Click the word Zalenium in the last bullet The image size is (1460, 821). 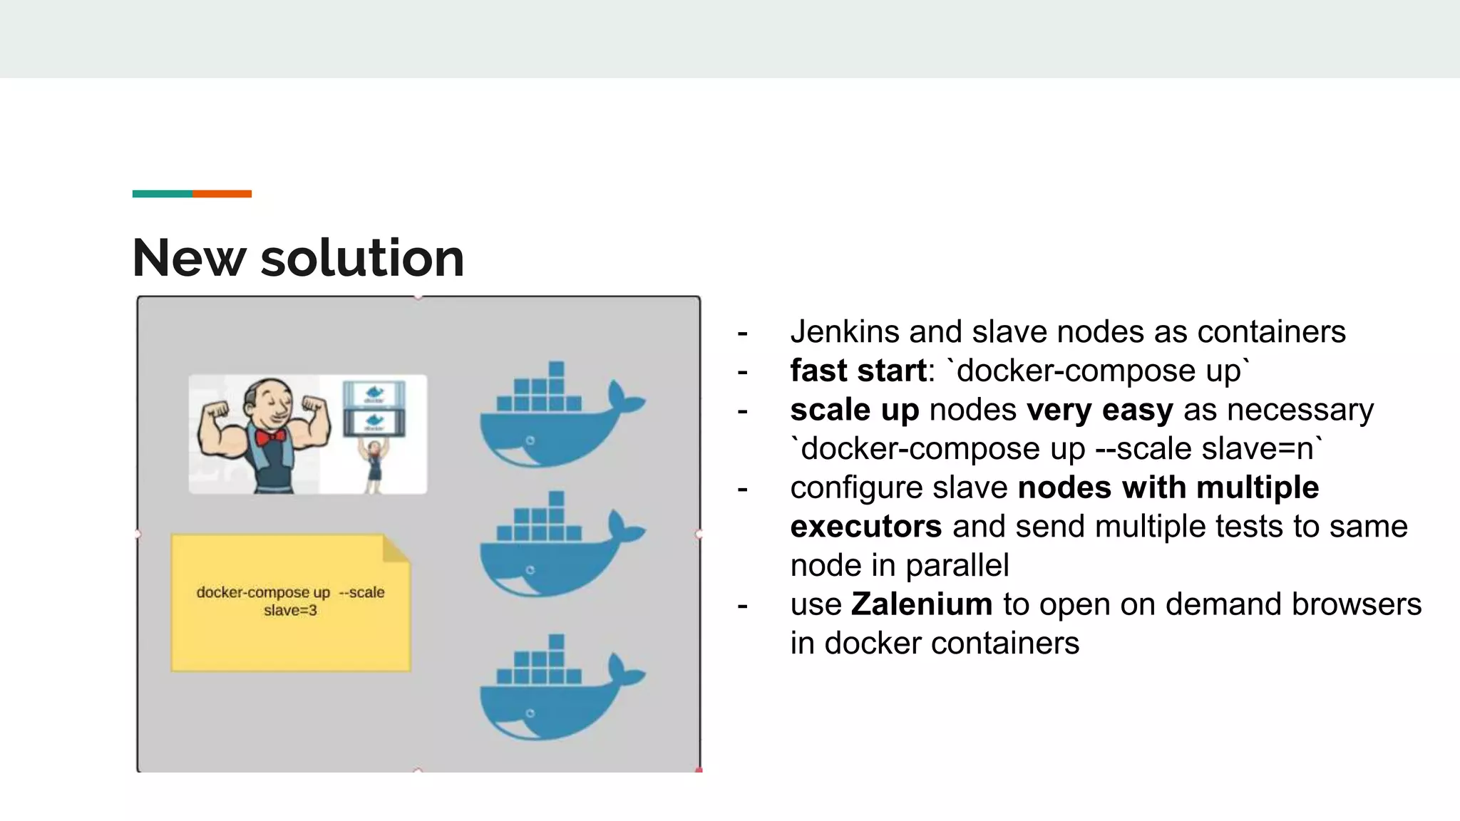pos(921,604)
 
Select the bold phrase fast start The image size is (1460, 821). pos(858,371)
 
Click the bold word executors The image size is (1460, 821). pos(865,527)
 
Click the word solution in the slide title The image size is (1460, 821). pos(362,257)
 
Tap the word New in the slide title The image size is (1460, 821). pos(189,257)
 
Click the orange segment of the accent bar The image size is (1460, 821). pos(222,194)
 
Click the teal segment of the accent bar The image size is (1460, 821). pos(162,194)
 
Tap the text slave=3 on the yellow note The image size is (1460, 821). pos(290,611)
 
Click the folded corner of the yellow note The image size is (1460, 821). pos(396,549)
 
